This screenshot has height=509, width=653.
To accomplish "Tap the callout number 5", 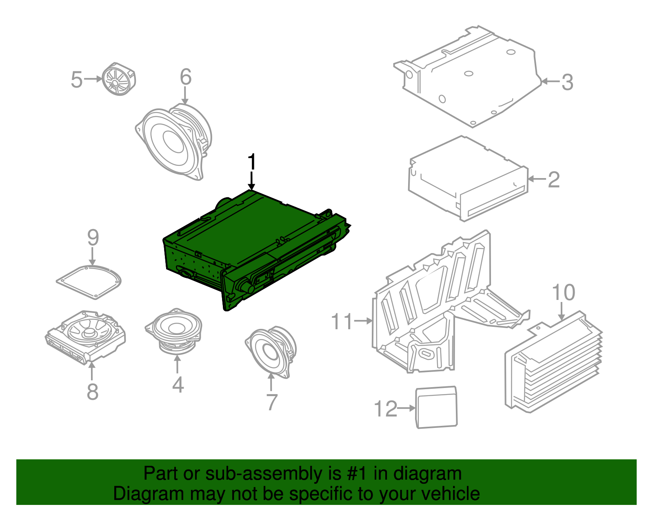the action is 77,80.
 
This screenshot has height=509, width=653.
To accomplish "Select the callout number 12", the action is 386,408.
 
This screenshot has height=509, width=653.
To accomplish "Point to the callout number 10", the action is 564,292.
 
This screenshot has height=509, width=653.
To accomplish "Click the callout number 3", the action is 567,82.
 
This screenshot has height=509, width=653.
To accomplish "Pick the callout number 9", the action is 93,238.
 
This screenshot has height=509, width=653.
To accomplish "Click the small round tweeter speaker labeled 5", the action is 119,79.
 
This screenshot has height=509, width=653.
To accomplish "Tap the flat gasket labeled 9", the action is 89,282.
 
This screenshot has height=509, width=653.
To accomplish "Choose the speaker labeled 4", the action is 174,331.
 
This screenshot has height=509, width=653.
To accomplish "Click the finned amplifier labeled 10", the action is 553,362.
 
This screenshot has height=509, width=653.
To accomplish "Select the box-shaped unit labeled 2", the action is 468,179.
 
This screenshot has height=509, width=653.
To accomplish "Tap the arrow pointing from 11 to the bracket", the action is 363,321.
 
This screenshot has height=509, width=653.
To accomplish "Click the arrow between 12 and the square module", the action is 406,408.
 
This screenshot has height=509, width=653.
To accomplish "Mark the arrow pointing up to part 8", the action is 92,371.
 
